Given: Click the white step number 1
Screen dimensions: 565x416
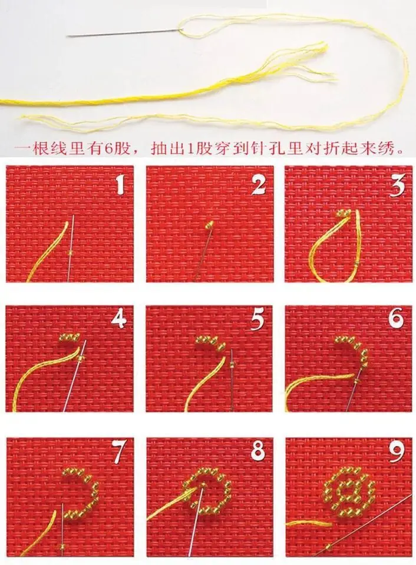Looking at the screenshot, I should coord(120,185).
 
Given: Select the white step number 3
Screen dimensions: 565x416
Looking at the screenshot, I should coord(397,185).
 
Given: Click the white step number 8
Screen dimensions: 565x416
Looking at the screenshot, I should coord(258,452).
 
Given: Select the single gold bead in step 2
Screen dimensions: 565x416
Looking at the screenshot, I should coord(209,224).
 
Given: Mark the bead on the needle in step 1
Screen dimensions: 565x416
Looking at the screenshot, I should coord(71,252).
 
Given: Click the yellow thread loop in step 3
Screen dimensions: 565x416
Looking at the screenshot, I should coord(330,247).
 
